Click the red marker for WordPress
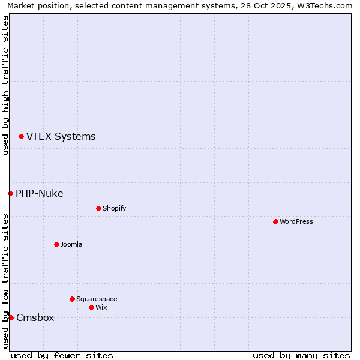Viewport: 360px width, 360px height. pos(275,221)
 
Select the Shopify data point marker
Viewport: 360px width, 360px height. pos(98,208)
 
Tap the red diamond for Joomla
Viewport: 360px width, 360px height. pos(56,244)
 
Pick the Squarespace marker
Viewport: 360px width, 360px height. pos(72,299)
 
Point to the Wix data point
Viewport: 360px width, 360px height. pos(91,307)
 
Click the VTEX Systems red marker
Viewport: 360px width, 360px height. pos(21,137)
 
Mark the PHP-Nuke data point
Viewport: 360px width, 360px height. pos(10,193)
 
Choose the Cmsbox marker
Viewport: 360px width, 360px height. pos(11,317)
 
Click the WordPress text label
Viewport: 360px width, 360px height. pos(296,221)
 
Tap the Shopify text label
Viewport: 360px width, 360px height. pos(114,208)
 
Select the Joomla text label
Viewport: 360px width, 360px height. pos(71,244)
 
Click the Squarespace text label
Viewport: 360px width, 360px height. pos(97,299)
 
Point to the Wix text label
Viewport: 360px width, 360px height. pos(101,307)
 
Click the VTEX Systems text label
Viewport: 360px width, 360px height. pos(61,137)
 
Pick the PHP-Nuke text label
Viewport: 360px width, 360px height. pos(39,193)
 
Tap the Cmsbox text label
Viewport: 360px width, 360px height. pos(35,317)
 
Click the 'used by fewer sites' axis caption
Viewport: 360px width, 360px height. pos(62,355)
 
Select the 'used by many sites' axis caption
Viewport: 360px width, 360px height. pos(301,355)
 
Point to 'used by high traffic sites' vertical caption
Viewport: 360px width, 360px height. pos(6,85)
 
